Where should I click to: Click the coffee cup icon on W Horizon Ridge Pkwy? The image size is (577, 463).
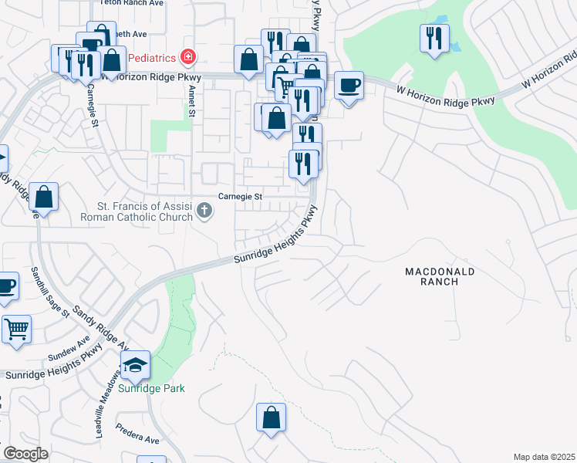point(349,84)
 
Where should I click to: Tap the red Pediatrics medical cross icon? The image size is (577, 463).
point(187,56)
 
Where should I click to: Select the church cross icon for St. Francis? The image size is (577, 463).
point(204,210)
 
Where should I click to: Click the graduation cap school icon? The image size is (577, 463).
point(135,365)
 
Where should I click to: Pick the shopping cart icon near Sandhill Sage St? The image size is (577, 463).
point(16,329)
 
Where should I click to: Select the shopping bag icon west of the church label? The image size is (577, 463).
point(45,198)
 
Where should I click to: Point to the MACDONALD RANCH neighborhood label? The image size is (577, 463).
point(441,276)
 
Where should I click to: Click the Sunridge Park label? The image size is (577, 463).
point(151,389)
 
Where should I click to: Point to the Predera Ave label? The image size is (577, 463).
point(138,435)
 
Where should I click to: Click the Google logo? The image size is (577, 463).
point(25,453)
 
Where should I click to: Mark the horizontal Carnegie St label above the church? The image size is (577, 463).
point(240,197)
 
